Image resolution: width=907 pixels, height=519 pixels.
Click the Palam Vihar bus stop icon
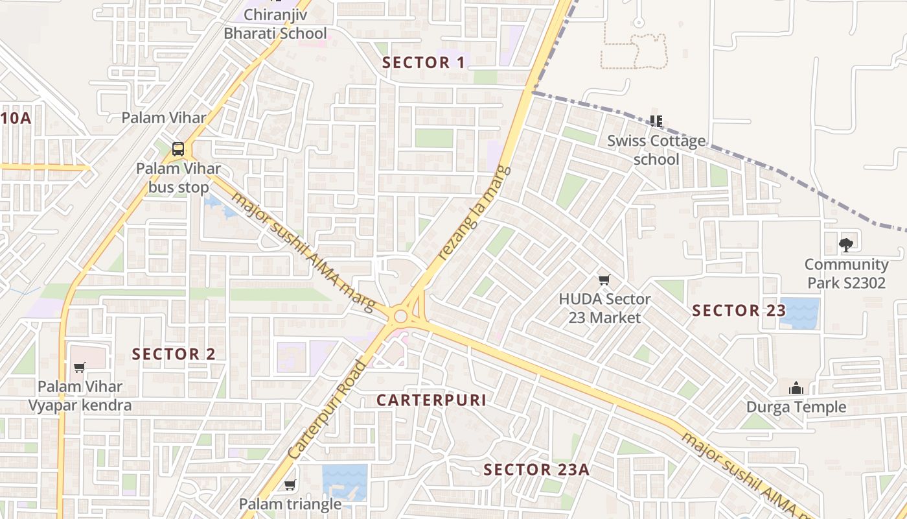pyautogui.click(x=178, y=149)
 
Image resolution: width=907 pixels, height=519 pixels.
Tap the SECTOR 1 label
pyautogui.click(x=424, y=63)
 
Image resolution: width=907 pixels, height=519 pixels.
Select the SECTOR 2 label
pyautogui.click(x=174, y=354)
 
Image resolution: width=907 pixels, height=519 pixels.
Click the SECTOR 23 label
pyautogui.click(x=739, y=311)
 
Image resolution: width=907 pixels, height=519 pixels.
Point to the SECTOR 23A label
pyautogui.click(x=536, y=470)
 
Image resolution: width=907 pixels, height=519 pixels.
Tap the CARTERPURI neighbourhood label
pyautogui.click(x=431, y=400)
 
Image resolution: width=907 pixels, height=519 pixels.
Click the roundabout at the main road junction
pyautogui.click(x=400, y=317)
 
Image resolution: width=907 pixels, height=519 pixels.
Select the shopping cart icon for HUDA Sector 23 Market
pyautogui.click(x=604, y=280)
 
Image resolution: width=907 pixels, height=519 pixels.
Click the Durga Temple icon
pyautogui.click(x=796, y=388)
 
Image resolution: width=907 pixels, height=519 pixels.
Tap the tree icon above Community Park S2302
pyautogui.click(x=845, y=245)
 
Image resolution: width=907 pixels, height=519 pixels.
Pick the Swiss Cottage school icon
pyautogui.click(x=656, y=121)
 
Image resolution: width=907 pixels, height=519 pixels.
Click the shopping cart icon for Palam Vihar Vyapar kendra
pyautogui.click(x=80, y=367)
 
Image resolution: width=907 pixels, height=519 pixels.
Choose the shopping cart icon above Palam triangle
pyautogui.click(x=290, y=485)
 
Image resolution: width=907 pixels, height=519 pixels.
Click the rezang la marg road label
pyautogui.click(x=475, y=213)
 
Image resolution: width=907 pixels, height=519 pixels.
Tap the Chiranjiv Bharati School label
pyautogui.click(x=275, y=23)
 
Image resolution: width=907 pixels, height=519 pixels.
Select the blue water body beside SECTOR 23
pyautogui.click(x=799, y=313)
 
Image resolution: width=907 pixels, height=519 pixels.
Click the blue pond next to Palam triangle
pyautogui.click(x=345, y=482)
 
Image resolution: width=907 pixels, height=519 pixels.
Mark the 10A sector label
pyautogui.click(x=16, y=118)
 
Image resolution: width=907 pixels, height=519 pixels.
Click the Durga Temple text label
pyautogui.click(x=796, y=407)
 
